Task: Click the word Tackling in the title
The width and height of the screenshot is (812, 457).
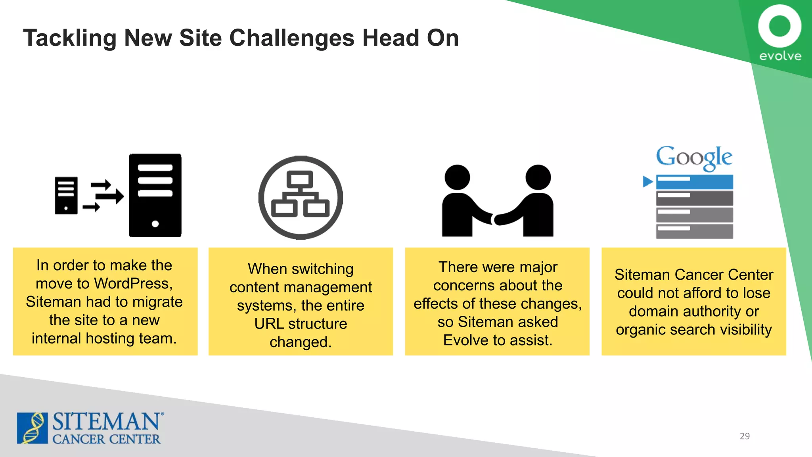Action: (x=70, y=38)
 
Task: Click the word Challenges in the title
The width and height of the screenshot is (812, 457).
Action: (x=292, y=38)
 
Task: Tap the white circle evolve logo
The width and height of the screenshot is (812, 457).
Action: (x=779, y=26)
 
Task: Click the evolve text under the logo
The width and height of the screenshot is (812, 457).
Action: (x=780, y=56)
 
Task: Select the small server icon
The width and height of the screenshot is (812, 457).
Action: (x=66, y=196)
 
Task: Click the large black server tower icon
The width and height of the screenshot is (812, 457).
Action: (x=155, y=196)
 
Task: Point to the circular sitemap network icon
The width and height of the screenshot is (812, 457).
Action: (x=301, y=197)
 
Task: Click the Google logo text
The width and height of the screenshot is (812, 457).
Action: (x=694, y=157)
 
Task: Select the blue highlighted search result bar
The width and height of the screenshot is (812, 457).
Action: (x=694, y=182)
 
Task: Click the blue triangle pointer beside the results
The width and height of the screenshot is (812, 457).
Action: (x=647, y=182)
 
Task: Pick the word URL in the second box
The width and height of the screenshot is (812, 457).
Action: (x=269, y=324)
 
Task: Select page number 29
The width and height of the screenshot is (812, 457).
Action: (x=745, y=436)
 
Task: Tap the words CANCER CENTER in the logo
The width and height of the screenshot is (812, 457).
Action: (x=106, y=440)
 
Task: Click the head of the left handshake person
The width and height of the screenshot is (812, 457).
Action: (x=457, y=177)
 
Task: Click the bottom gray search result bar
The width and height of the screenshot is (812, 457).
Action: (x=694, y=231)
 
